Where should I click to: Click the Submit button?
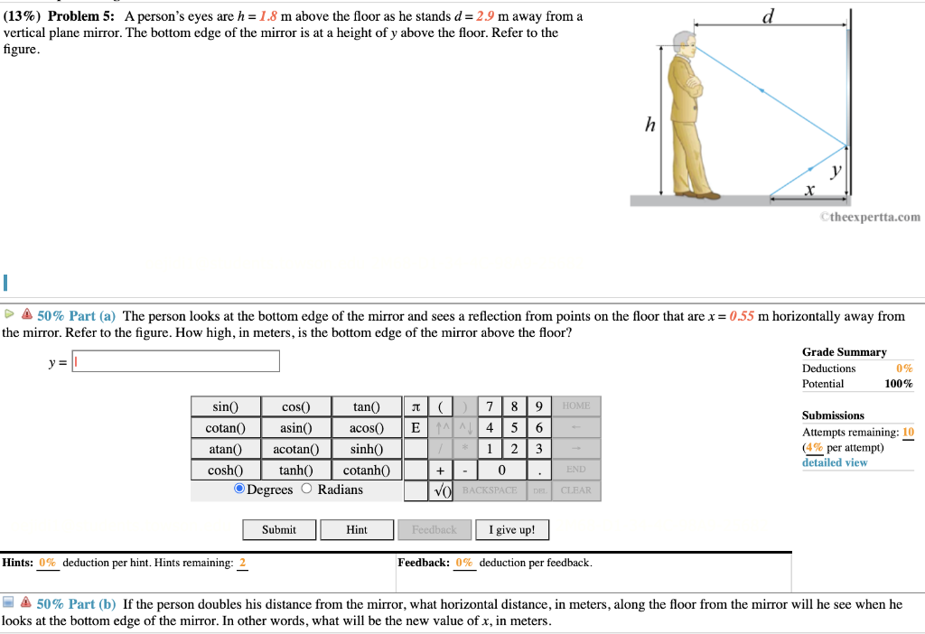(x=279, y=530)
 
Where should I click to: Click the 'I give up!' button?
(x=511, y=530)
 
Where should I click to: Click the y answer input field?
(x=175, y=361)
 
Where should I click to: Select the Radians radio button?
(x=306, y=489)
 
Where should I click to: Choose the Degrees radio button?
(x=239, y=489)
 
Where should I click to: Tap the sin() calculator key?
(x=225, y=407)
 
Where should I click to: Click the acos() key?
(x=366, y=428)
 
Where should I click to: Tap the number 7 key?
(x=489, y=407)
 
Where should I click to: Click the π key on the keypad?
(x=415, y=407)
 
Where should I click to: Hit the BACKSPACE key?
(x=489, y=490)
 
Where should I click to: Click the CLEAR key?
(x=575, y=490)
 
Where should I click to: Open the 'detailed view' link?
(x=834, y=462)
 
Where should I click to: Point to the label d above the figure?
(x=768, y=16)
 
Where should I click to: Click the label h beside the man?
(x=649, y=126)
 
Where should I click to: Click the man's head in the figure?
(x=685, y=45)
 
